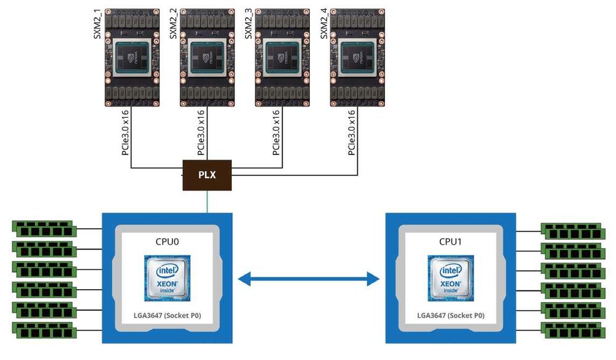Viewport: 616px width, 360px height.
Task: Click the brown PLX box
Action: click(207, 175)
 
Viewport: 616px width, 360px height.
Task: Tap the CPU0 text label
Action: click(166, 241)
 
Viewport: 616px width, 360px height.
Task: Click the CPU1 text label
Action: click(450, 241)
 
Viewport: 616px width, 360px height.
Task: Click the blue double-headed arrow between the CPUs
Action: click(309, 280)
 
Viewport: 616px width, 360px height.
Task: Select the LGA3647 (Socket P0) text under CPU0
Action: click(167, 316)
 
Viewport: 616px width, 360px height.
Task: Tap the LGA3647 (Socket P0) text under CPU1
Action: click(450, 316)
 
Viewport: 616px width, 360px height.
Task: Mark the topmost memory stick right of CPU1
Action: click(572, 229)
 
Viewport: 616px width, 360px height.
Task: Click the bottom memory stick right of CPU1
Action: click(572, 328)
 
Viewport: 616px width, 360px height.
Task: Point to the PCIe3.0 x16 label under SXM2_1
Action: click(126, 133)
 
